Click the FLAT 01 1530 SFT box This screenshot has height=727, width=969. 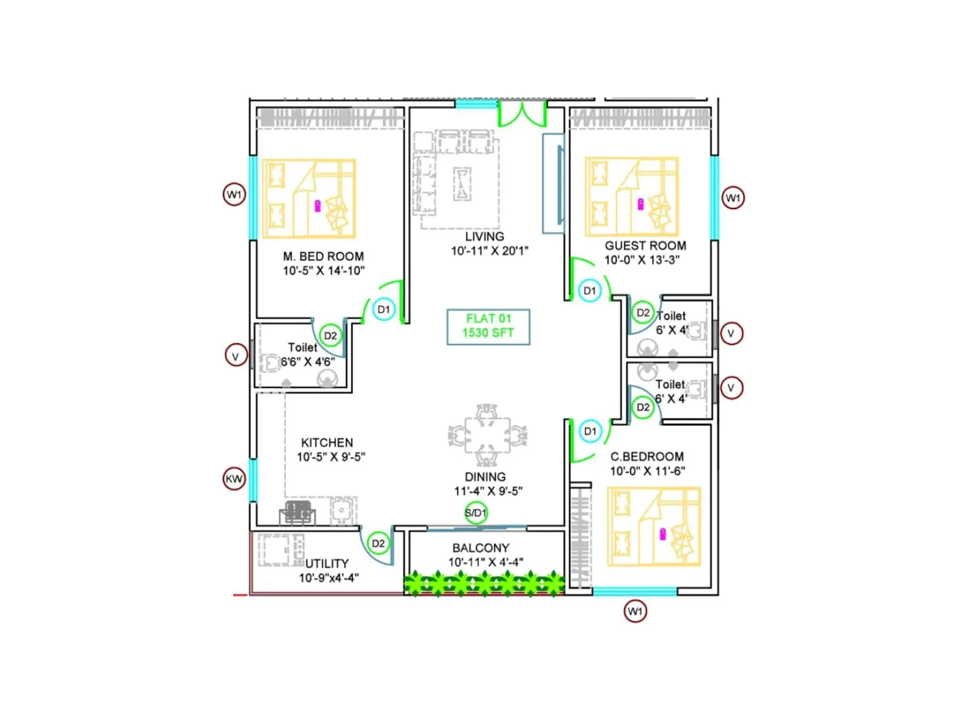tap(488, 327)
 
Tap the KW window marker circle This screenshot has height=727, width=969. tap(234, 479)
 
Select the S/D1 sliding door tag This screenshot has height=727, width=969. tap(476, 513)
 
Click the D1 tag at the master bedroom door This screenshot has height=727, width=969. tap(384, 310)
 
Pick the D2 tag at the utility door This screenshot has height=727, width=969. tap(378, 543)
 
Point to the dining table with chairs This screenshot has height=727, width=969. tap(487, 434)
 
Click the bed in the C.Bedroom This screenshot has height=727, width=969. tap(654, 527)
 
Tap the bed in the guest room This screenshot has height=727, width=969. tap(632, 197)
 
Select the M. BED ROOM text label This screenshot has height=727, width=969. tap(323, 256)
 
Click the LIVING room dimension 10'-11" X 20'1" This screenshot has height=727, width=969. tap(489, 251)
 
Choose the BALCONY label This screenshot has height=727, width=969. tap(481, 548)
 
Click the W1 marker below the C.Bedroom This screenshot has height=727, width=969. tap(635, 611)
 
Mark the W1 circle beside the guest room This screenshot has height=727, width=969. tap(733, 198)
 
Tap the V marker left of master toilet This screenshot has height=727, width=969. tap(236, 356)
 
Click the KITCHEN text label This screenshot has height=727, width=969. tap(327, 443)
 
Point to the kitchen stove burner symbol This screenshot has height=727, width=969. tap(297, 512)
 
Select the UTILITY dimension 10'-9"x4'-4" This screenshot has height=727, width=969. tap(329, 578)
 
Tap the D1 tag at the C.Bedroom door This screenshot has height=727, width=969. tap(590, 431)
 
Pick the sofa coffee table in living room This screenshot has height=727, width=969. tap(463, 184)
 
